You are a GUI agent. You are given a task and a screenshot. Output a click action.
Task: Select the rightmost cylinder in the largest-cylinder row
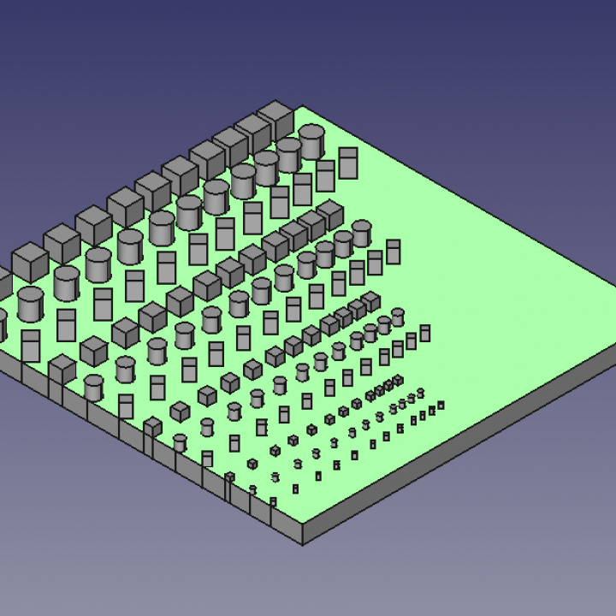(311, 142)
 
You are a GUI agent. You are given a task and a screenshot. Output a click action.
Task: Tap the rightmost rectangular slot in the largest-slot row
(347, 163)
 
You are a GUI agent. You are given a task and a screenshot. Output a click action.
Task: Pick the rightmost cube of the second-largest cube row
(330, 215)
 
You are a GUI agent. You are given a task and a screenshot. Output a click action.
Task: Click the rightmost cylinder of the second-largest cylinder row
(362, 233)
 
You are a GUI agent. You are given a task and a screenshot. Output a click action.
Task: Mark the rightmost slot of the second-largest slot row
(393, 251)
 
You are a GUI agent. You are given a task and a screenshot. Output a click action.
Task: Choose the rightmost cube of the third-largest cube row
(370, 301)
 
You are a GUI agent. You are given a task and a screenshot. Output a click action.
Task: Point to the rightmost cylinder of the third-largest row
(398, 317)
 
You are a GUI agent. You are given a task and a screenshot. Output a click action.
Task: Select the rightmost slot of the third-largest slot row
(424, 333)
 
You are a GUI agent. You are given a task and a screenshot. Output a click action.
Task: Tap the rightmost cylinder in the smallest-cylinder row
(420, 394)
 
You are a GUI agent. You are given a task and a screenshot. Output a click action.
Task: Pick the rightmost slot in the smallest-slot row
(441, 406)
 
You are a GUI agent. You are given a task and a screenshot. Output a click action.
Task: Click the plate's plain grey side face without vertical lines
(462, 445)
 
